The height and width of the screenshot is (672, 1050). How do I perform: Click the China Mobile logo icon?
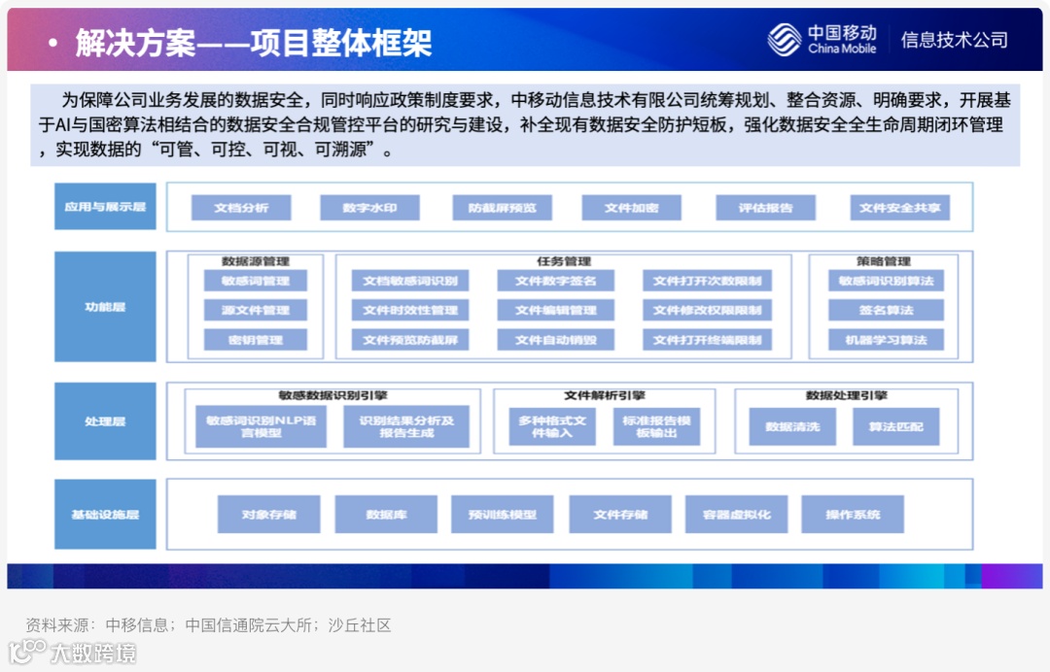785,39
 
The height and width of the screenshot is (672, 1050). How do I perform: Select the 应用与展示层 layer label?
105,207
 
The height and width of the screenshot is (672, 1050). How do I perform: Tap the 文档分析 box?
241,208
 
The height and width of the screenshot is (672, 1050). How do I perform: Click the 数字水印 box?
370,208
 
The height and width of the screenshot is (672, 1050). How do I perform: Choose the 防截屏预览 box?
502,208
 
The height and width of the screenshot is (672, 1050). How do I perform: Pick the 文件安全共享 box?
900,208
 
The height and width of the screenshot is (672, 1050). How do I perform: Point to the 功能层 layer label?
105,307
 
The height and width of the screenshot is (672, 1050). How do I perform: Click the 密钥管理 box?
256,340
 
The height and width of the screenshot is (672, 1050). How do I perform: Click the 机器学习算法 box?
886,340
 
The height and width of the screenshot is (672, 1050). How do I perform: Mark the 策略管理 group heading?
884,261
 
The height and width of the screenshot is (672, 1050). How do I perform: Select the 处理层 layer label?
105,421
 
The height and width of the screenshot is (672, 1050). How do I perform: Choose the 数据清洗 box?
792,426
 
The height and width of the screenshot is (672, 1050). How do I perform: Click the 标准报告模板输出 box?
656,426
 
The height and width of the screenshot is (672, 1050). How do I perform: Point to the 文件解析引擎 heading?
605,395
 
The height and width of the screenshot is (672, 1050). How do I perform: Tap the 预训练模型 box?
502,514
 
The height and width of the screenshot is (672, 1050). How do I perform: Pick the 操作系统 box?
853,514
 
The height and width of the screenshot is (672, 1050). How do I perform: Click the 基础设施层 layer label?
105,514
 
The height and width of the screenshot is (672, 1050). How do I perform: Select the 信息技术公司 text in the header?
954,40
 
